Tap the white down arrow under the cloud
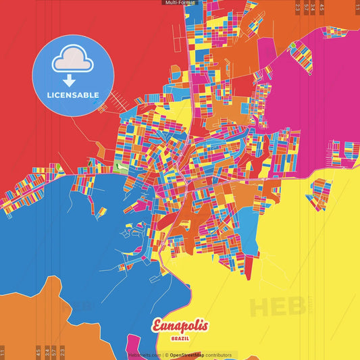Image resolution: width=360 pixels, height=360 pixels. tap(70, 80)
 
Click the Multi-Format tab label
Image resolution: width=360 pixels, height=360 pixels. tap(179, 3)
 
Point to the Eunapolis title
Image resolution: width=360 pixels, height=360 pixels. tap(180, 326)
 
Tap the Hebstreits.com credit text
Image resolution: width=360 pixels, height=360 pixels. tap(145, 355)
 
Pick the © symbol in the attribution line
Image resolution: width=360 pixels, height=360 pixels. tap(166, 355)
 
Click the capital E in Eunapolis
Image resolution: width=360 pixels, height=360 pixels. tap(157, 326)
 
